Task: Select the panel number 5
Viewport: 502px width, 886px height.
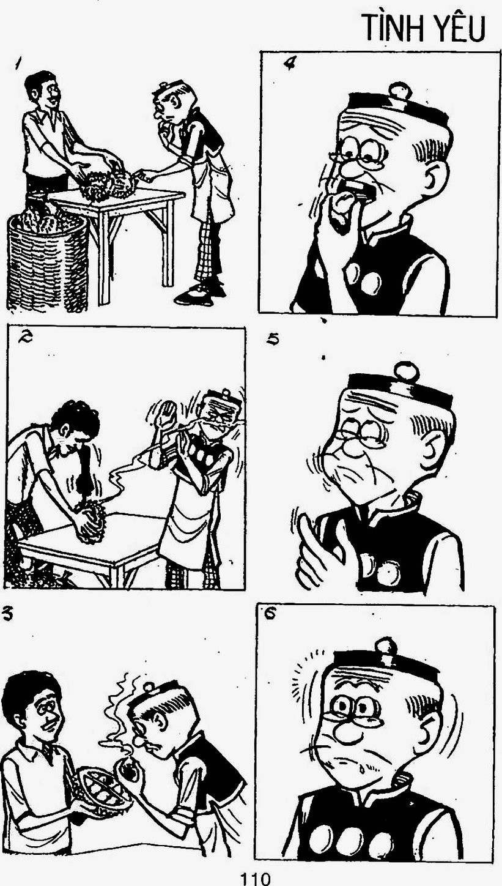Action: tap(273, 339)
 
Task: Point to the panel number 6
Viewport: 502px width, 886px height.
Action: tap(271, 615)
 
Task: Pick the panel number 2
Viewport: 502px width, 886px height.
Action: tap(23, 337)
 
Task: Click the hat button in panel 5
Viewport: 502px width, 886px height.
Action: tap(404, 371)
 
